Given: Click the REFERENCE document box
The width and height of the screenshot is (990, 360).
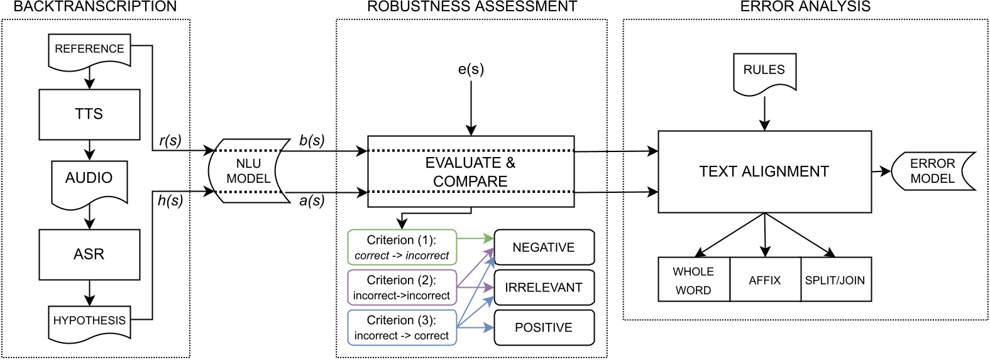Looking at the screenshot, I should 89,50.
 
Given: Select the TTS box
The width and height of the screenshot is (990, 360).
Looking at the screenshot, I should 89,114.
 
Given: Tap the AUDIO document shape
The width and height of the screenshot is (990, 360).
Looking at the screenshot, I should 89,179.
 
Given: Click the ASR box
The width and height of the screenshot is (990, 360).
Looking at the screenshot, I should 89,254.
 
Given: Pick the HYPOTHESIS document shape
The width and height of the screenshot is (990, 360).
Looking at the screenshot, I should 89,321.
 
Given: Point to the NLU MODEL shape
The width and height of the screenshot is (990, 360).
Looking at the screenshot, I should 249,171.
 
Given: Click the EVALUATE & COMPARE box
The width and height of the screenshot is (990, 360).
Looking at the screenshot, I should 470,172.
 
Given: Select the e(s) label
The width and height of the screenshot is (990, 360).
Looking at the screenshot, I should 471,70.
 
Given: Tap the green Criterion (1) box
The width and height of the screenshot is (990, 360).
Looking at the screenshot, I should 402,248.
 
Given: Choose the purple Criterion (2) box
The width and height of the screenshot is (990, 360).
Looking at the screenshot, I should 402,288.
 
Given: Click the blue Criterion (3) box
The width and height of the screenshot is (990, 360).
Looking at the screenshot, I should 402,327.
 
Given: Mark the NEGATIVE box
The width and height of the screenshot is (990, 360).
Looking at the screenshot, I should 544,248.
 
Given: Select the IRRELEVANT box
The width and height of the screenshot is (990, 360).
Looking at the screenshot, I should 544,288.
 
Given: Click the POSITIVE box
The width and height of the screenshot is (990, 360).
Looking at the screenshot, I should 544,327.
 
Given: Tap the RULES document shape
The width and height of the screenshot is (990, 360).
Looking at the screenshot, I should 764,71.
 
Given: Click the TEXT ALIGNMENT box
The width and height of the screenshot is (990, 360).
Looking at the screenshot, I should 764,172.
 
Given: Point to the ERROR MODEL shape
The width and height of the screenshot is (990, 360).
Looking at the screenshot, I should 933,171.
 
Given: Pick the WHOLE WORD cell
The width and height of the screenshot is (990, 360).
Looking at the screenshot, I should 693,280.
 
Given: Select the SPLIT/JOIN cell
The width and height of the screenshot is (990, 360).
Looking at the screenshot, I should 835,280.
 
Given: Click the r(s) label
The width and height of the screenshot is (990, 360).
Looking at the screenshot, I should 170,141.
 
